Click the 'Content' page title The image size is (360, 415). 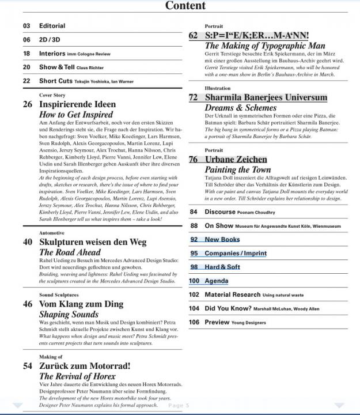point(185,6)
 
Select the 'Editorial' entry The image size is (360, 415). point(52,26)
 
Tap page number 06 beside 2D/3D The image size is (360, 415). point(26,40)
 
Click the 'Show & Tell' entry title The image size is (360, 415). point(56,67)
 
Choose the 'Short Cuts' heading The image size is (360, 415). point(56,81)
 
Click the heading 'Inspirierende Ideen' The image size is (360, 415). point(77,105)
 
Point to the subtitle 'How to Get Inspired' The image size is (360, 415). point(75,115)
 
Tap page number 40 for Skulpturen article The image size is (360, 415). point(27,242)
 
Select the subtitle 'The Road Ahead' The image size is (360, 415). point(70,252)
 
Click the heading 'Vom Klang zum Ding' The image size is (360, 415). point(81,304)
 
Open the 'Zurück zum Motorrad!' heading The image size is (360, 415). point(85,366)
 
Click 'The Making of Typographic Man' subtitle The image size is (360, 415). point(265,46)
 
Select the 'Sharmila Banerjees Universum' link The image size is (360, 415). point(266,97)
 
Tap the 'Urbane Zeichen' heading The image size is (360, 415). point(236,160)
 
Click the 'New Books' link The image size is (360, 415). point(222,239)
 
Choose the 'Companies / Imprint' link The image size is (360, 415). point(236,253)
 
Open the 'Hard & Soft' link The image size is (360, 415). point(222,267)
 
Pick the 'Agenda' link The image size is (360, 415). point(217,281)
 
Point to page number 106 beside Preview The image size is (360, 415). point(194,322)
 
